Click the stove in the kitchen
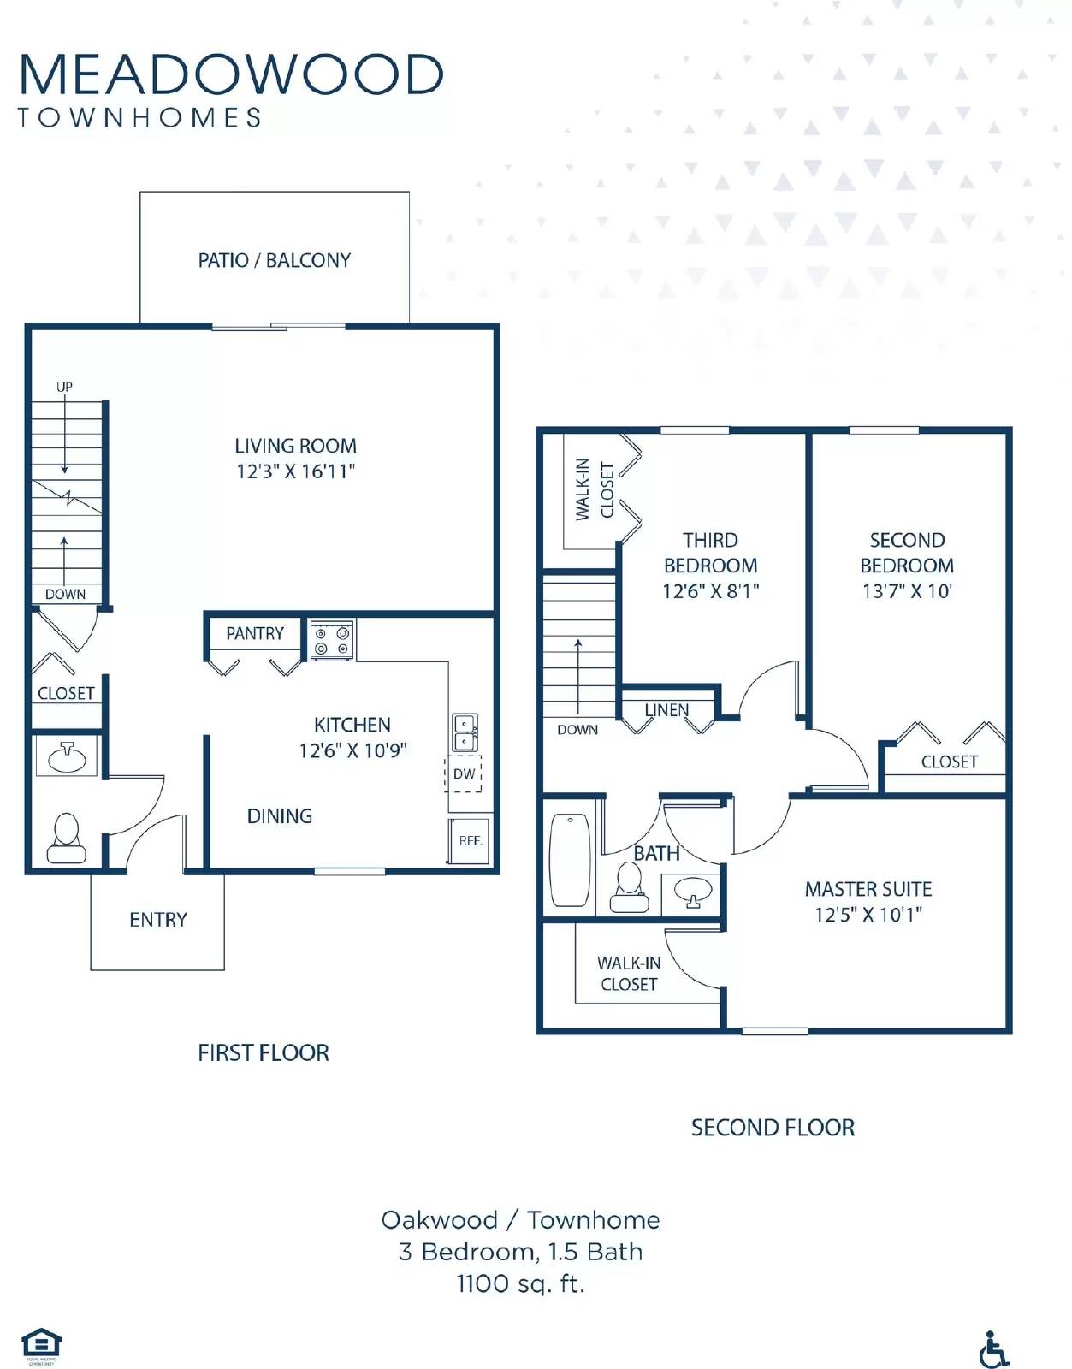point(332,641)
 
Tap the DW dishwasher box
point(464,773)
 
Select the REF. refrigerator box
point(470,840)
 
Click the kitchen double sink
point(465,732)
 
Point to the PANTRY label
point(254,633)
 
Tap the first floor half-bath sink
point(67,757)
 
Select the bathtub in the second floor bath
point(570,859)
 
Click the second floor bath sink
point(692,892)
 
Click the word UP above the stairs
point(64,387)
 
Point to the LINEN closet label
point(666,710)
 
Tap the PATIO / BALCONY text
point(274,260)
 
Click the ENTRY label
point(157,920)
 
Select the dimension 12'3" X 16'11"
point(295,471)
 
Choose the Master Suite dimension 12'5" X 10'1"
point(868,915)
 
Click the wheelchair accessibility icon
point(993,1349)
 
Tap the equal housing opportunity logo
point(41,1345)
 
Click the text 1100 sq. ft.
point(520,1283)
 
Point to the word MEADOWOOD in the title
point(231,74)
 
